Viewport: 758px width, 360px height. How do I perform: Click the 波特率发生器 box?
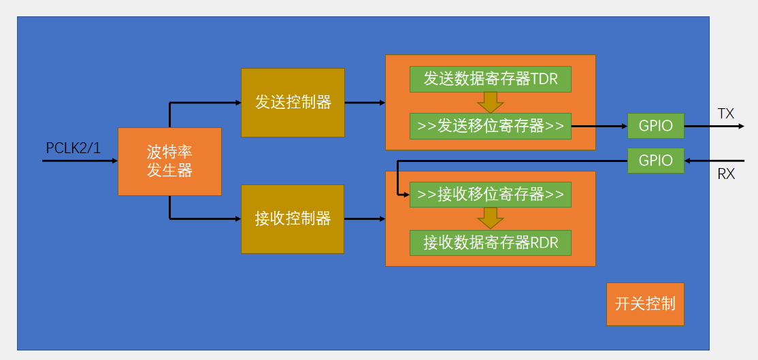pos(169,161)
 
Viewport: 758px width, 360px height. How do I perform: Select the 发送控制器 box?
pos(293,102)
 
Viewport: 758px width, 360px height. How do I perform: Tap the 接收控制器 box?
pos(293,218)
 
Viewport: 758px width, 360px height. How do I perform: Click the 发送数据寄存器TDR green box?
pos(490,79)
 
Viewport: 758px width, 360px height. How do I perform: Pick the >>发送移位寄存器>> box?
pos(490,126)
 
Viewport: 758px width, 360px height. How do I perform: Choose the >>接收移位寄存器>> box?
pos(490,195)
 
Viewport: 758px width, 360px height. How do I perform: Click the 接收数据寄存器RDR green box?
pos(490,242)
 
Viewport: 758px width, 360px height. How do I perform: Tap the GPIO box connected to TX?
pos(655,126)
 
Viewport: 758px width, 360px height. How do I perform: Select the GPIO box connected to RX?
pos(655,161)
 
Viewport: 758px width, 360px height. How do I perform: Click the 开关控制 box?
pos(645,304)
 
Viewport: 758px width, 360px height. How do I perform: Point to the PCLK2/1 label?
pos(73,148)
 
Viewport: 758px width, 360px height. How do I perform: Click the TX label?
pos(726,114)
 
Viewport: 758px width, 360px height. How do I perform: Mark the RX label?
pos(726,174)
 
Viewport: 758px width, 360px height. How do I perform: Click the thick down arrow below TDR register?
pos(490,103)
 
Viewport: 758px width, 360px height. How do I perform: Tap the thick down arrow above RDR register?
pos(490,218)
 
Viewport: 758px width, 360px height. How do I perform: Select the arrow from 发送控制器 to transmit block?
pos(365,103)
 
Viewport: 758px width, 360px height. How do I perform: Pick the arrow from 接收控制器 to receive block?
pos(365,219)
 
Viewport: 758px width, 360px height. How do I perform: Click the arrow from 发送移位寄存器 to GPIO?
pos(599,126)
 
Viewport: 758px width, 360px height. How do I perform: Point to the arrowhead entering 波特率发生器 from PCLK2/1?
pos(114,161)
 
